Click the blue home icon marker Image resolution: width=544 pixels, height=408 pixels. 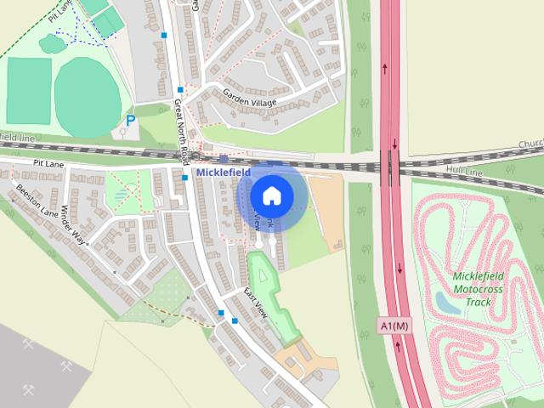[271, 195]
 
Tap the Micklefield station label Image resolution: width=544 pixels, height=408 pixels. [222, 172]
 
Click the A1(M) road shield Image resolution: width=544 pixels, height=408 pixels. [394, 326]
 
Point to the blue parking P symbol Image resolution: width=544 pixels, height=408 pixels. [130, 122]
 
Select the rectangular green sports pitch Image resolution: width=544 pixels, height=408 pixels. [28, 91]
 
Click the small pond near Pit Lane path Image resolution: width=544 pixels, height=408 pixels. [52, 42]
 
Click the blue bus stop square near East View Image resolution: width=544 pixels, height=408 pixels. [235, 320]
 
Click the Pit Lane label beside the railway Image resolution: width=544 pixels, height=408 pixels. [49, 161]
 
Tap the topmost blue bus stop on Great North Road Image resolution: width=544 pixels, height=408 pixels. [163, 36]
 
